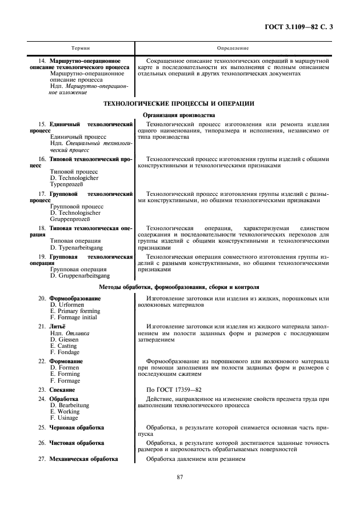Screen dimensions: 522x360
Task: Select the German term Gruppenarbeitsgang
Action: tap(80, 275)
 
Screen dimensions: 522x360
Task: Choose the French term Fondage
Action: tap(65, 352)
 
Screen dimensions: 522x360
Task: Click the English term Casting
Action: tap(63, 346)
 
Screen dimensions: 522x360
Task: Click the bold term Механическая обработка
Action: tap(83, 458)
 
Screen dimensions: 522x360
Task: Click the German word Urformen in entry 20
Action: tap(70, 305)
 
